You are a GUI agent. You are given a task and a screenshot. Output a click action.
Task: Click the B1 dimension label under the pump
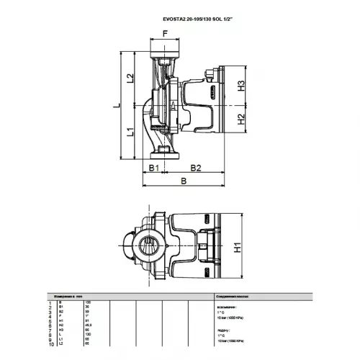coord(153,167)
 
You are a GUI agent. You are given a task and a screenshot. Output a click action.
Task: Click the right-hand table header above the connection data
coord(235,296)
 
